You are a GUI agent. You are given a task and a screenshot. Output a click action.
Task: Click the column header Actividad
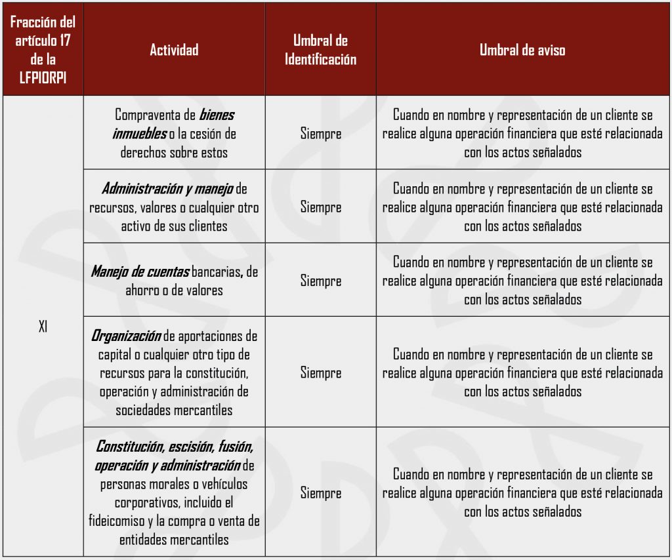tap(174, 50)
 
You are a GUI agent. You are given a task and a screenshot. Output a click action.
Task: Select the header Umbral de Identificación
tap(320, 50)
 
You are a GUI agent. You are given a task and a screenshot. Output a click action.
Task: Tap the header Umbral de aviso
tap(522, 50)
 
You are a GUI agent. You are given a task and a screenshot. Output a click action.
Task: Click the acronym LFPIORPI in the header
tap(43, 78)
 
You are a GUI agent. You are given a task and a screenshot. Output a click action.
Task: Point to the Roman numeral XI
tap(43, 327)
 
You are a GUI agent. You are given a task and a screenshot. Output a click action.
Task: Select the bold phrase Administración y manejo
tap(167, 189)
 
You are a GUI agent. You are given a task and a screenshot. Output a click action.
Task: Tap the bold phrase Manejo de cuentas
tap(140, 271)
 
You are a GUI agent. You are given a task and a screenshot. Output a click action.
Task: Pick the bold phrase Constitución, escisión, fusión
tap(174, 447)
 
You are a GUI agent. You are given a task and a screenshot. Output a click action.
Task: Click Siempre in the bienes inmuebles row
tap(321, 134)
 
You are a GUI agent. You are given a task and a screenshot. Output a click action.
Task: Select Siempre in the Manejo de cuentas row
tap(321, 281)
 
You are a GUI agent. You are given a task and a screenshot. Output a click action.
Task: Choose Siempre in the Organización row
tap(321, 372)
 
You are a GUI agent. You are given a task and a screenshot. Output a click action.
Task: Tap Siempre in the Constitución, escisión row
tap(321, 493)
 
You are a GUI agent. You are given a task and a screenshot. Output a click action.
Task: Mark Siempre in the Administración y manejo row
tap(321, 207)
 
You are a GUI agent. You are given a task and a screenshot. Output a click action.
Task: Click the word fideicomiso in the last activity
tap(120, 521)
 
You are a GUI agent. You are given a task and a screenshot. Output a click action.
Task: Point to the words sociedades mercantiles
tap(174, 410)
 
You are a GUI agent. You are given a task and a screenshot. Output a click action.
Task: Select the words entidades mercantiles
tap(174, 540)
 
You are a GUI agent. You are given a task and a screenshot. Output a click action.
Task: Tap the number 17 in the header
tap(64, 41)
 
